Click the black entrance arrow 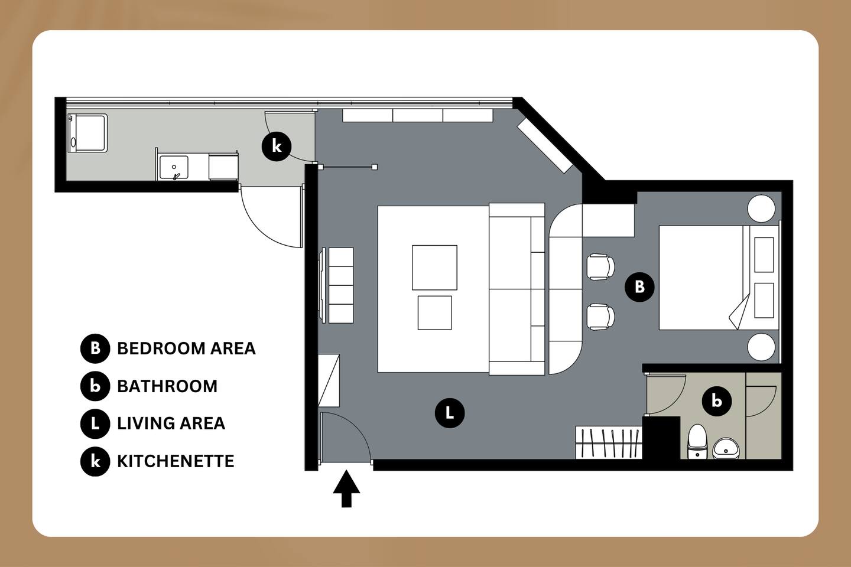coord(346,488)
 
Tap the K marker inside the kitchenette coord(277,146)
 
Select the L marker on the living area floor coord(450,413)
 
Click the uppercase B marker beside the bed coord(640,286)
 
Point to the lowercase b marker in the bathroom coord(717,401)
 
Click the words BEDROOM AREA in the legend coord(186,348)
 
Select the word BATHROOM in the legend coord(167,386)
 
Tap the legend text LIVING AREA coord(171,423)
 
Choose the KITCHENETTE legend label coord(176,461)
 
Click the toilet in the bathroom coord(697,441)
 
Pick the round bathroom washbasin coord(726,448)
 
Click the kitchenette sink coord(174,168)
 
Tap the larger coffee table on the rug coord(434,268)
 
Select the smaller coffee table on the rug coord(434,312)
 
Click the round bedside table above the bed coord(761,208)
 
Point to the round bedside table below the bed coord(761,347)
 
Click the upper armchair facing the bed coord(600,267)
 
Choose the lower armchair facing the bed coord(600,317)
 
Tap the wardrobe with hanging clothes coord(609,442)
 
